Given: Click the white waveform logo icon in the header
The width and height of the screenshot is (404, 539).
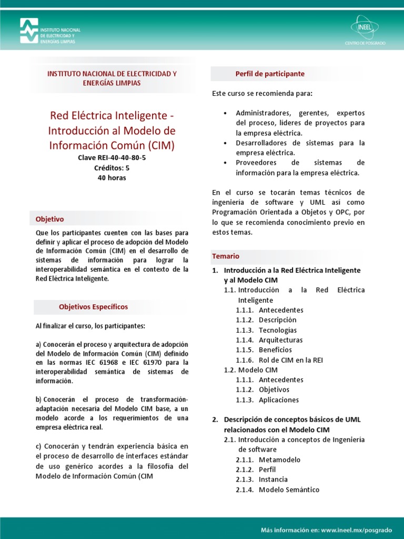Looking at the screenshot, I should (29, 31).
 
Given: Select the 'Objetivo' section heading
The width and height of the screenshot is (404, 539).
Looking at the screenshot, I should (49, 219).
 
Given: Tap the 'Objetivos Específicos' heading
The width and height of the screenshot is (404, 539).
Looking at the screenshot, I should (93, 307).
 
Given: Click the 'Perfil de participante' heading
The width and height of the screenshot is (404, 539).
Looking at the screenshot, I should (270, 74).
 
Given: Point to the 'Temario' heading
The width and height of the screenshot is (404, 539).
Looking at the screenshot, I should (226, 256).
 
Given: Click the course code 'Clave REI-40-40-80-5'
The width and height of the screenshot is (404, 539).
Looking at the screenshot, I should (112, 158).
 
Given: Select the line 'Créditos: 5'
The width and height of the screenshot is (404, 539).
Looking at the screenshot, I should (112, 168).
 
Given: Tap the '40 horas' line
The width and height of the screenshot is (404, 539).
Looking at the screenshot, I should (112, 178).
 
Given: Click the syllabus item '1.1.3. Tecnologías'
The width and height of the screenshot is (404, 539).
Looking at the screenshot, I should (266, 330).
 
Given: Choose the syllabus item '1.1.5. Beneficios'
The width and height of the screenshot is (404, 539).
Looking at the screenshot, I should (264, 350).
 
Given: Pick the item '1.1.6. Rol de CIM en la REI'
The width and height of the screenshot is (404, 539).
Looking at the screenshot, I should (279, 360).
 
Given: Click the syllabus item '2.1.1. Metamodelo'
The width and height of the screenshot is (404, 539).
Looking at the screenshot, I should (268, 460).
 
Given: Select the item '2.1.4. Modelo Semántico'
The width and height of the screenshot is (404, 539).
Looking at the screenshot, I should (277, 490).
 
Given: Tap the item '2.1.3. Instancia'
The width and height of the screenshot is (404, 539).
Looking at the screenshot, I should (264, 480).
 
